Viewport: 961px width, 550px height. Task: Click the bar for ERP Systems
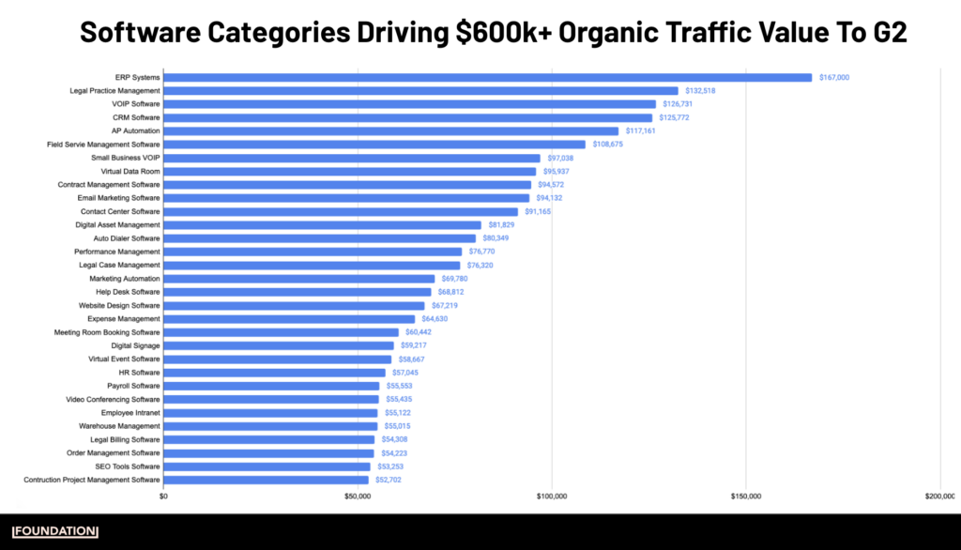pos(488,78)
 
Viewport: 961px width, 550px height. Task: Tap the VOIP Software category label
pos(135,104)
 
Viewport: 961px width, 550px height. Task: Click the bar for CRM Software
pos(408,118)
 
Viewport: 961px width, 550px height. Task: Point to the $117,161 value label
pos(640,131)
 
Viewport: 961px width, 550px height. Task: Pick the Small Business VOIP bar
pos(352,159)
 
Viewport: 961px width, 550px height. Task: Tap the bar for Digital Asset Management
pos(322,225)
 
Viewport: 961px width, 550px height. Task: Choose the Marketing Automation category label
pos(125,279)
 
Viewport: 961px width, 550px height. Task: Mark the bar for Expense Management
pos(289,319)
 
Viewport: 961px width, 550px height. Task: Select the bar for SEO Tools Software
pos(267,466)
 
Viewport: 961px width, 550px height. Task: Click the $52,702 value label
pos(389,480)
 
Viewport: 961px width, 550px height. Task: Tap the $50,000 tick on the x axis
pos(358,496)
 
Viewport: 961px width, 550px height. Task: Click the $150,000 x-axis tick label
pos(745,496)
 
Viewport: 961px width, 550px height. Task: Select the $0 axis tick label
pos(164,496)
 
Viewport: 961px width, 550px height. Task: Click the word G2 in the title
pos(888,33)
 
